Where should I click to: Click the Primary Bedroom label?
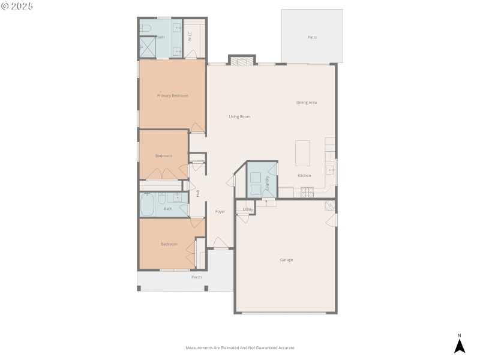pos(173,96)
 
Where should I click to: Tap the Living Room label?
pos(239,116)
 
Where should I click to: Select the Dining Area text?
pos(307,103)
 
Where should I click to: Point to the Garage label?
pos(286,260)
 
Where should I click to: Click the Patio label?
pos(312,37)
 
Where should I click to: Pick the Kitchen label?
pos(305,175)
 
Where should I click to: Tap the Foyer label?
pos(220,212)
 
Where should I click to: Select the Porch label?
pos(196,277)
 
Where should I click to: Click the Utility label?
pos(247,209)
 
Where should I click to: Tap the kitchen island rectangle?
pos(303,153)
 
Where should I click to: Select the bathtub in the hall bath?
pos(148,205)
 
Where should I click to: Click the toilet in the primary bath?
pos(146,28)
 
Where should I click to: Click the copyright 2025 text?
pos(17,6)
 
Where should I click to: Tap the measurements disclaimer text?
pos(240,348)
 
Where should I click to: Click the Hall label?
pos(198,193)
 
